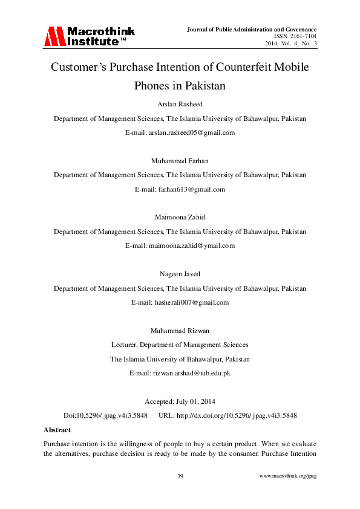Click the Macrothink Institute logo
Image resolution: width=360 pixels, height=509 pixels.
coord(89,36)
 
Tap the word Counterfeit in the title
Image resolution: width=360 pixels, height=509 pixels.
coord(243,68)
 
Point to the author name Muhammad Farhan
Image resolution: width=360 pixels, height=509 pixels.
coord(180,160)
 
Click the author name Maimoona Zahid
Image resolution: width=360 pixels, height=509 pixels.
coord(180,217)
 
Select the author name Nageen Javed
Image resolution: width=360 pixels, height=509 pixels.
coord(180,274)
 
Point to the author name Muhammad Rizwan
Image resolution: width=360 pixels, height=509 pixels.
coord(180,330)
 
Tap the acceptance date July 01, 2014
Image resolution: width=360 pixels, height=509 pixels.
coord(194,401)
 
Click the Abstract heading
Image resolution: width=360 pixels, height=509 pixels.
coord(57,430)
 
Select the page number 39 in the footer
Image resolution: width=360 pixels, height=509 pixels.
coord(180,477)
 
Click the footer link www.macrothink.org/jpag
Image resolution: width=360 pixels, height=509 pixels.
coord(288,477)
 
